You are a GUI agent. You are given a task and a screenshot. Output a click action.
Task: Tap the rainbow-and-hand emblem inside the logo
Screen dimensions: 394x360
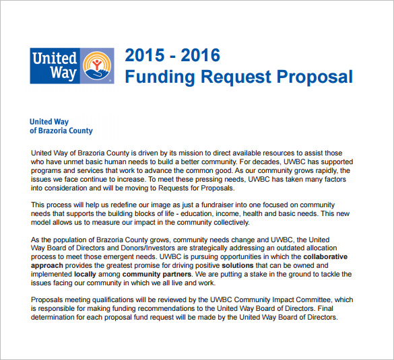pos(98,65)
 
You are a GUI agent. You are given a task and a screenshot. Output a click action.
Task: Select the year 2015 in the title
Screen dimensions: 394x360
pos(144,55)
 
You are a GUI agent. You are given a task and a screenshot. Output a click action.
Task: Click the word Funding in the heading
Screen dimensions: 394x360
pos(157,76)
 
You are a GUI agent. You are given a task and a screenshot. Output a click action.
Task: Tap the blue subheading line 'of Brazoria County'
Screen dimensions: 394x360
pos(61,131)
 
